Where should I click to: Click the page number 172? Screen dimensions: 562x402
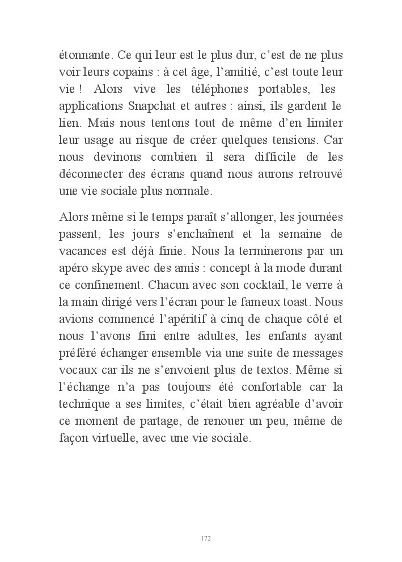206,538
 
